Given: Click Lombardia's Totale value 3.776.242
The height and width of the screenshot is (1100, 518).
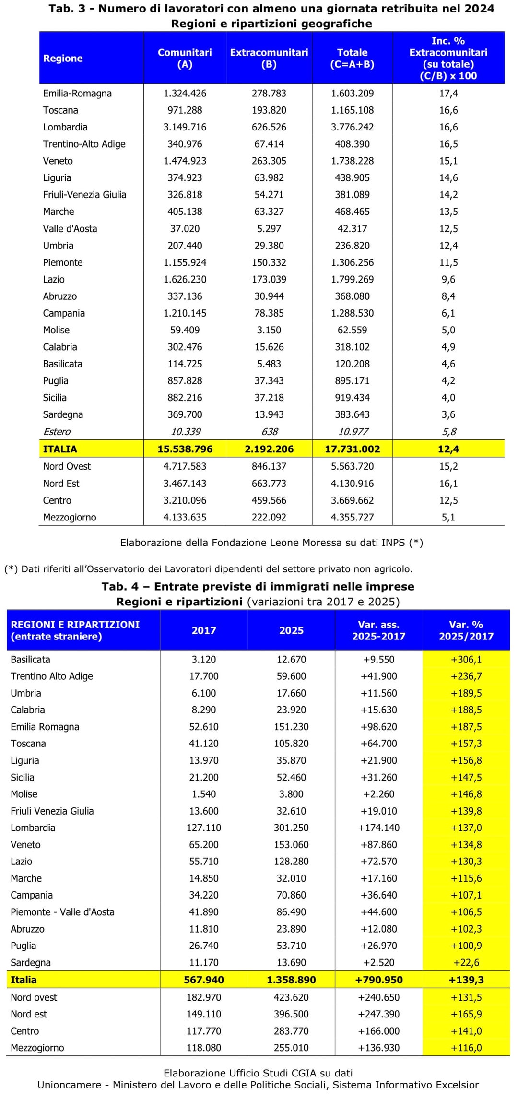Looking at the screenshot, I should tap(352, 127).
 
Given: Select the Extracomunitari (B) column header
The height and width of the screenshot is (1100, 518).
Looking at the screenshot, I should tap(269, 58).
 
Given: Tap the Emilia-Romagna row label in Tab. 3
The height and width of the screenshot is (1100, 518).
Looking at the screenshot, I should tap(77, 94).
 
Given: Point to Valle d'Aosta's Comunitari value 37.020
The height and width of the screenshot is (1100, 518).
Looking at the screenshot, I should tap(185, 229).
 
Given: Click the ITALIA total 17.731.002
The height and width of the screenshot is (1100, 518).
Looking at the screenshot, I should tap(352, 449).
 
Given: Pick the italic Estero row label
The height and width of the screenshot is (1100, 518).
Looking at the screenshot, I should tap(57, 432).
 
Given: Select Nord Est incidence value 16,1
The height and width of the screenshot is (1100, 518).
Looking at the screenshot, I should tap(448, 484).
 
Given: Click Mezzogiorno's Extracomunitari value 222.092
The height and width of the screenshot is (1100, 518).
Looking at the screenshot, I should tap(269, 518).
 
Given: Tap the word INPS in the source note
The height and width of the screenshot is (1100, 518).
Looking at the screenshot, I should tap(393, 543).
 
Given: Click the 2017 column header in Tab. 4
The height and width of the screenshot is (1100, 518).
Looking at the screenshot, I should tap(204, 630).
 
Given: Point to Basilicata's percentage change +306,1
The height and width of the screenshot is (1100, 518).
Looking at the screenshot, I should tap(466, 660).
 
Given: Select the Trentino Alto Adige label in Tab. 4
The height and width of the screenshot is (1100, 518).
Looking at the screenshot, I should tap(52, 676).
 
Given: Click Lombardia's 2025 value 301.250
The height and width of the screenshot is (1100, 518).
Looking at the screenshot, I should tap(291, 828).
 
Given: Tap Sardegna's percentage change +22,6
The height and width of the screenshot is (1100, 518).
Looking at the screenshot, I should tap(466, 963).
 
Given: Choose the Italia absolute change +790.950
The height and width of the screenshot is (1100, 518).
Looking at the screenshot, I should tap(378, 980).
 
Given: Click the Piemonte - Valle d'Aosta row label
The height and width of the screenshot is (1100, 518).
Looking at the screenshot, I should tap(62, 912).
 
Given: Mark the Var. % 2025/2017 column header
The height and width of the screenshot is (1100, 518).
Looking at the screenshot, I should tap(466, 630).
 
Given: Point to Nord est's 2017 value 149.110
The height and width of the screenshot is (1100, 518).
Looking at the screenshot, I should tap(204, 1014).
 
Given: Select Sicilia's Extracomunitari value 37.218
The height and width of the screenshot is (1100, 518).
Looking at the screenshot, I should tap(269, 398).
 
